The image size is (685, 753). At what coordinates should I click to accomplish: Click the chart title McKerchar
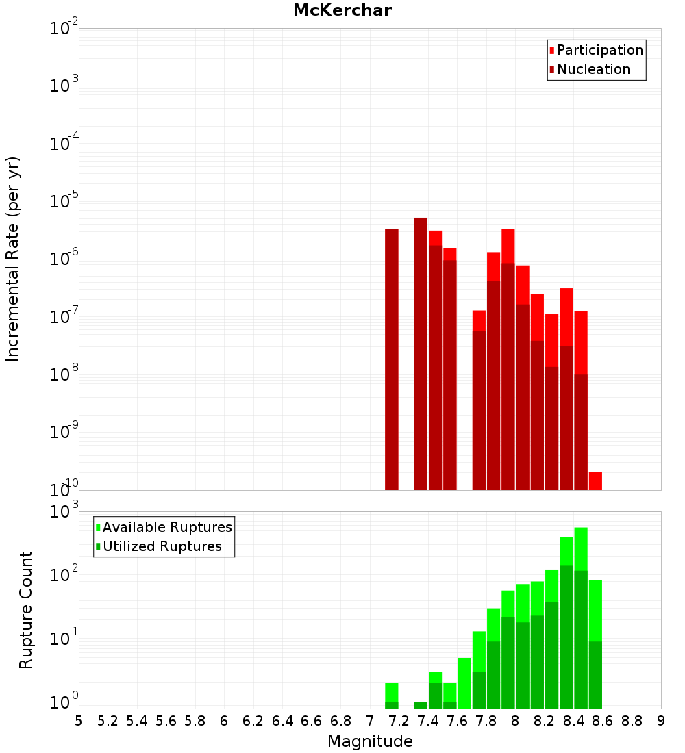(342, 10)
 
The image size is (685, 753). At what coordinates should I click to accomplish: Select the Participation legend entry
(600, 50)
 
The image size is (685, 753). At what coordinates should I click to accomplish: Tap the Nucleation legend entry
(593, 69)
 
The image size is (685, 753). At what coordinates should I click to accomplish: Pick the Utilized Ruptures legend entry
(162, 546)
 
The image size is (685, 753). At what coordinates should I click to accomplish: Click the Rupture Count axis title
(26, 609)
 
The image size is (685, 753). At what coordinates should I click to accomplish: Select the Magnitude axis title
(370, 741)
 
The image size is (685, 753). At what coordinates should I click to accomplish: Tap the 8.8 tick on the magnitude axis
(632, 720)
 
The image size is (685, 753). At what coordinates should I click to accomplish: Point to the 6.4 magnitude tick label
(283, 720)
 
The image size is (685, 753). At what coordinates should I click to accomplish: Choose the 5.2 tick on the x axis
(108, 720)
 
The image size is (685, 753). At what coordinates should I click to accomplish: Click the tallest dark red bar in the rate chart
(421, 342)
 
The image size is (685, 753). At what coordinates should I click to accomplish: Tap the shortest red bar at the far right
(595, 481)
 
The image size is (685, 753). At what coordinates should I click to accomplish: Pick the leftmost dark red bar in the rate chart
(392, 356)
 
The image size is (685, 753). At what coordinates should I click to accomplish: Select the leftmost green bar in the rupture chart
(392, 695)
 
